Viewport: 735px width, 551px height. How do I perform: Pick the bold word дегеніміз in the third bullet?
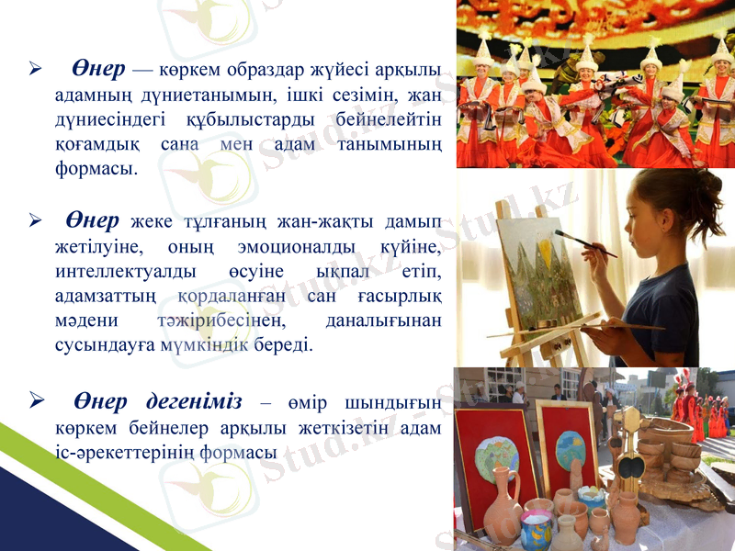pyautogui.click(x=194, y=402)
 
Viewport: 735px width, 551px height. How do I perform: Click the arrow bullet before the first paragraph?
pyautogui.click(x=35, y=70)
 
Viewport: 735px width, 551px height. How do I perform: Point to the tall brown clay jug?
pyautogui.click(x=501, y=510)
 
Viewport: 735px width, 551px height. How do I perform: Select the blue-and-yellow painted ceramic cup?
pyautogui.click(x=537, y=531)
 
